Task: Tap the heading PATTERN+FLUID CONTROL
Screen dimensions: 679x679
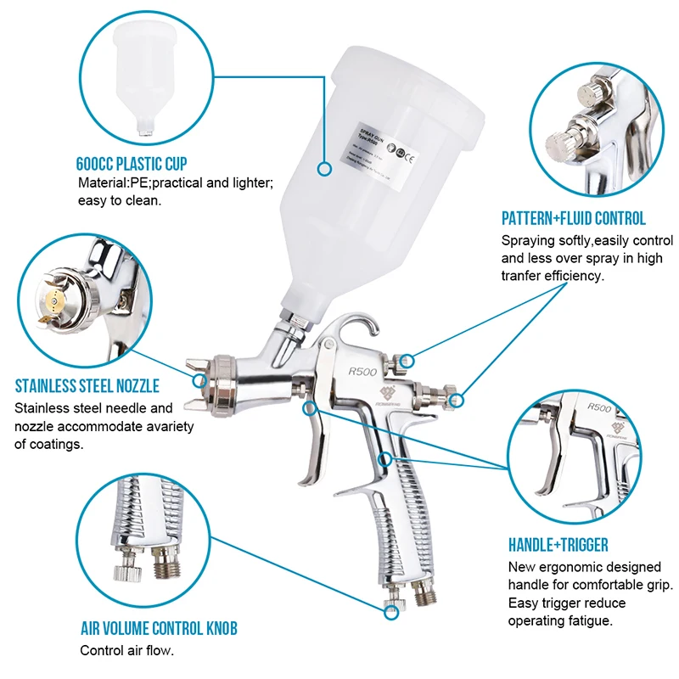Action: [573, 218]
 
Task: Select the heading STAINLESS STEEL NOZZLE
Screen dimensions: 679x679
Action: [87, 387]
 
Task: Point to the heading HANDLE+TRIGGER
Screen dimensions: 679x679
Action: [558, 544]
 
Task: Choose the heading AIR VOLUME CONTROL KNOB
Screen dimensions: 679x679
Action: [158, 629]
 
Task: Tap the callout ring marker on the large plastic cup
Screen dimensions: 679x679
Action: [323, 169]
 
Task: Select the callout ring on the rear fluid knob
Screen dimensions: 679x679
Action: [458, 399]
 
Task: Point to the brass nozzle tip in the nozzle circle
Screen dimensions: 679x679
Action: [56, 300]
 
